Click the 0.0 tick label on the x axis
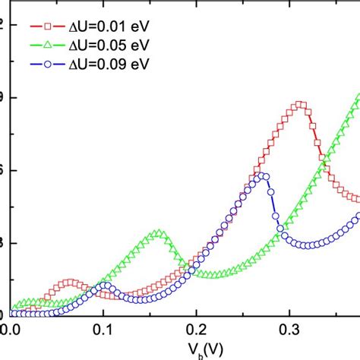point(10,330)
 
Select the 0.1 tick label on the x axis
point(103,330)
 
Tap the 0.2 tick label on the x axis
point(196,330)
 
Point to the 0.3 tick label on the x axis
point(289,330)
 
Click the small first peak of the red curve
point(71,283)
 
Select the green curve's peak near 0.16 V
point(158,233)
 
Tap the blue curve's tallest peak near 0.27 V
point(262,175)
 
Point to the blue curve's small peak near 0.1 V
point(106,286)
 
